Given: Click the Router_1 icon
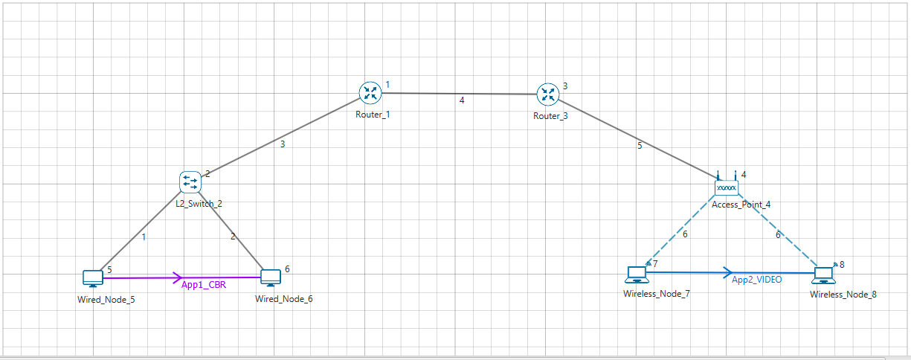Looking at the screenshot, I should click(370, 93).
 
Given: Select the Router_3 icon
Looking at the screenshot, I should click(548, 94).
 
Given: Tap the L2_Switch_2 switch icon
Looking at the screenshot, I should click(190, 181).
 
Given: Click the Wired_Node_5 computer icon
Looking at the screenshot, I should click(93, 279).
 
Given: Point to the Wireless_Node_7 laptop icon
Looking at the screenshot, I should click(637, 274).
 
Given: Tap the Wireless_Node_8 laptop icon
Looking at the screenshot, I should click(823, 274).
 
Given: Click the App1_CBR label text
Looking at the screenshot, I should click(204, 284).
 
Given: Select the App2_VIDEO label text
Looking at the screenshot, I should click(756, 280).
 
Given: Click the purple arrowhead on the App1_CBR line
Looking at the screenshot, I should click(178, 278).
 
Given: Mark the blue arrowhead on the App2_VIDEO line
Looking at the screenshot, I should click(727, 273).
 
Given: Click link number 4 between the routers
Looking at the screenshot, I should click(462, 100).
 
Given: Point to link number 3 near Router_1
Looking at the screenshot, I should click(283, 144).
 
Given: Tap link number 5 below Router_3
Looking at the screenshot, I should click(639, 147).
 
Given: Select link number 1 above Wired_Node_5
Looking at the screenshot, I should click(144, 237).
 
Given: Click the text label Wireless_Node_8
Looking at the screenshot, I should click(843, 295).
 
